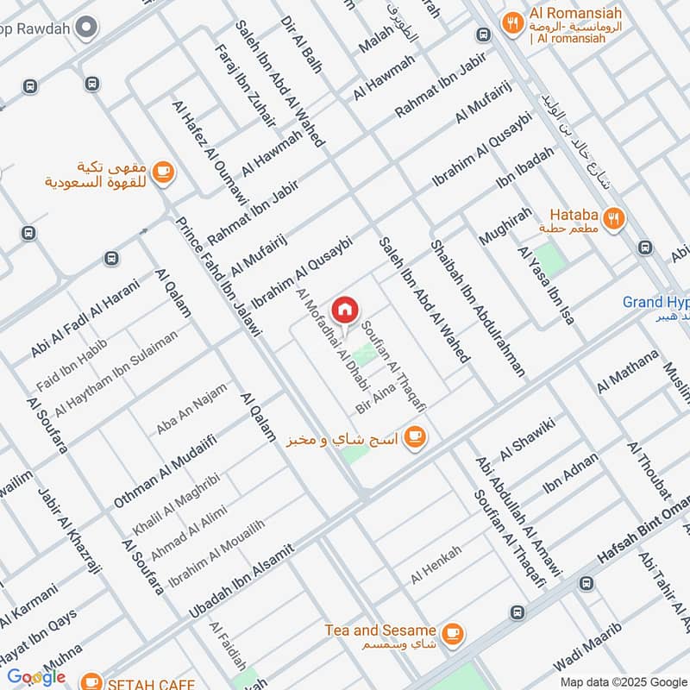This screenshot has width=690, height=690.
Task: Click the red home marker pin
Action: [x=345, y=310]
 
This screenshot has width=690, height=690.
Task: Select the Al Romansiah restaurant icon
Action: [x=513, y=23]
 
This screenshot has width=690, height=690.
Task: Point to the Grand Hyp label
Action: [x=656, y=302]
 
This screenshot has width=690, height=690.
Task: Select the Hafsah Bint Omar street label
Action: [x=643, y=538]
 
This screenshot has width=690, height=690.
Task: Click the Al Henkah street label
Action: [x=436, y=565]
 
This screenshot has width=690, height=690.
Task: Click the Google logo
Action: [x=36, y=677]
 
